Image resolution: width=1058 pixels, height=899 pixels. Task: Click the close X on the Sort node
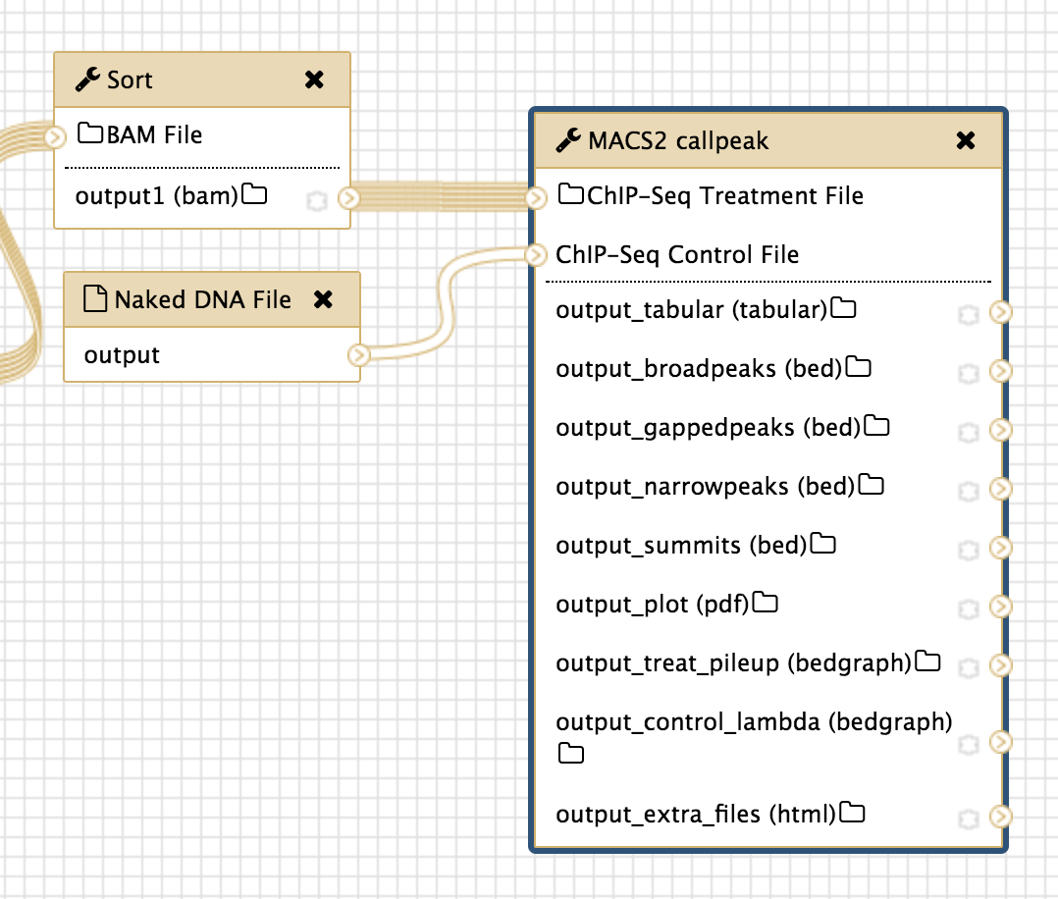point(314,79)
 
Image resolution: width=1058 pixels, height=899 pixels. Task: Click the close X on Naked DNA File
point(323,299)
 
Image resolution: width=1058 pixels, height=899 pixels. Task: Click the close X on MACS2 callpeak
point(966,140)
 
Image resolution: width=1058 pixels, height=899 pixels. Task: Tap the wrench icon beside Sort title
point(87,79)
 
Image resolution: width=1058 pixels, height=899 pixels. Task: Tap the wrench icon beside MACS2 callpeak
point(568,140)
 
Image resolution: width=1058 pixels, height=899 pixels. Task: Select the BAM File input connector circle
point(55,137)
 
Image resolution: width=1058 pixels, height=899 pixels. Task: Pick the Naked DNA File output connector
point(359,354)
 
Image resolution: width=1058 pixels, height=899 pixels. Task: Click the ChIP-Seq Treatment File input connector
point(536,198)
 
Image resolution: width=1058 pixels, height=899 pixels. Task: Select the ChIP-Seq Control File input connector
point(536,255)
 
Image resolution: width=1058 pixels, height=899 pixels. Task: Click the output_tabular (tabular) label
point(692,311)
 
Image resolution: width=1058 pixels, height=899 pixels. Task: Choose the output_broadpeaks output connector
point(1000,371)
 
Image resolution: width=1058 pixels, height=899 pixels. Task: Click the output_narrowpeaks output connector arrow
point(1000,488)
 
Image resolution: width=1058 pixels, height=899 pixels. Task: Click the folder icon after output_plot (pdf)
point(766,603)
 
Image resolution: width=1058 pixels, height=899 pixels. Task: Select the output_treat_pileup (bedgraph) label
point(734,663)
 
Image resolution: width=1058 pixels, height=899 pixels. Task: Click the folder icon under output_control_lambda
point(570,754)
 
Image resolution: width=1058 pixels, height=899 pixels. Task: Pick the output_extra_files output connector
point(1000,817)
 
